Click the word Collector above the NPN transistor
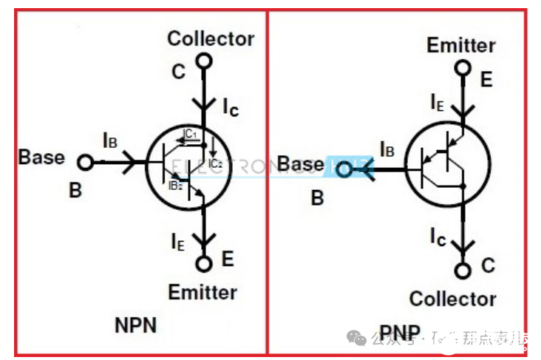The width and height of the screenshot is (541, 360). click(x=211, y=38)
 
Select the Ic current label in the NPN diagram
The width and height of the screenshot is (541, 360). click(x=231, y=107)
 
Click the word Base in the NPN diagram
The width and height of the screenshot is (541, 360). click(x=41, y=157)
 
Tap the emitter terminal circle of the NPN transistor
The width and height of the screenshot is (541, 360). click(x=203, y=262)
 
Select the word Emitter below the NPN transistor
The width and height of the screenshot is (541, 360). click(x=203, y=292)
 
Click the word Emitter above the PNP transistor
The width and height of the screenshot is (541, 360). click(x=461, y=45)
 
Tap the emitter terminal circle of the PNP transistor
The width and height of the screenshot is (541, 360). click(x=463, y=69)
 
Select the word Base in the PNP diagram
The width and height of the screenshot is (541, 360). click(x=301, y=164)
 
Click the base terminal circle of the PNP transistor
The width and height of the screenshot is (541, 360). click(x=344, y=170)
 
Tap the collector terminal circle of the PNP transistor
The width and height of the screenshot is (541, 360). click(x=463, y=270)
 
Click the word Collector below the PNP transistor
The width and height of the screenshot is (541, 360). click(x=452, y=299)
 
